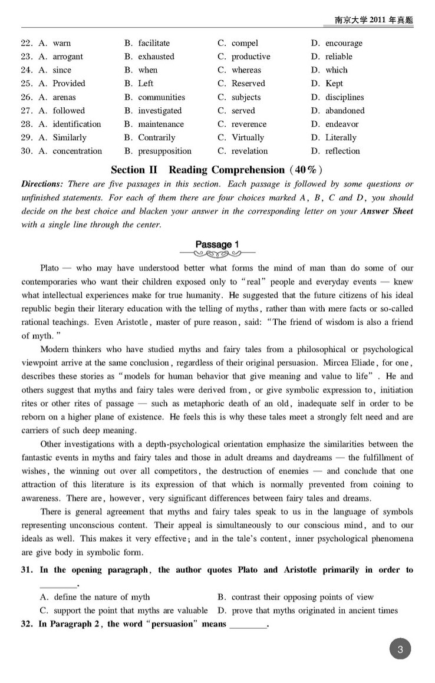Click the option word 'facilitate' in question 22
coord(154,43)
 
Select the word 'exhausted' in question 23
coord(156,57)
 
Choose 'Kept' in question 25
coord(334,84)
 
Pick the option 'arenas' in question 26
coord(64,97)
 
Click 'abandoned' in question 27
coord(345,111)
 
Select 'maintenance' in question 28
coord(161,124)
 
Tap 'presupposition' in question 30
coord(165,151)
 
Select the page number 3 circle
coord(400,651)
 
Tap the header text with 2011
coord(374,20)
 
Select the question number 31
coord(28,570)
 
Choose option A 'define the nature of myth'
coord(101,597)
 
